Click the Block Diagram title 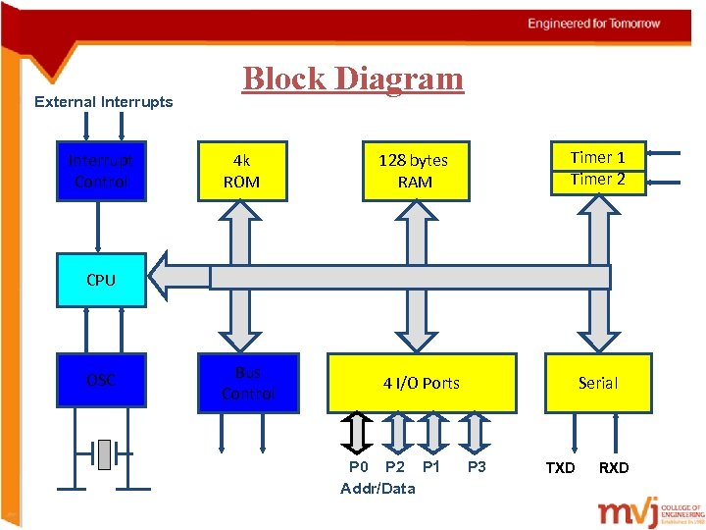[x=353, y=79]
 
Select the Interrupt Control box [x=101, y=171]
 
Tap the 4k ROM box [x=240, y=171]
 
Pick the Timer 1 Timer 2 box [x=597, y=168]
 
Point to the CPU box [x=101, y=280]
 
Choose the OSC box [x=101, y=380]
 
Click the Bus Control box [x=247, y=383]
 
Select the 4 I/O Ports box [x=422, y=383]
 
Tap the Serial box [x=597, y=383]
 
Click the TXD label [x=560, y=468]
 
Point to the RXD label [x=614, y=468]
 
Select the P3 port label [x=477, y=467]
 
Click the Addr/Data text [x=378, y=489]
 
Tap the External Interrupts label [x=103, y=102]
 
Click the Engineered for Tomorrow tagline [x=594, y=24]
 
